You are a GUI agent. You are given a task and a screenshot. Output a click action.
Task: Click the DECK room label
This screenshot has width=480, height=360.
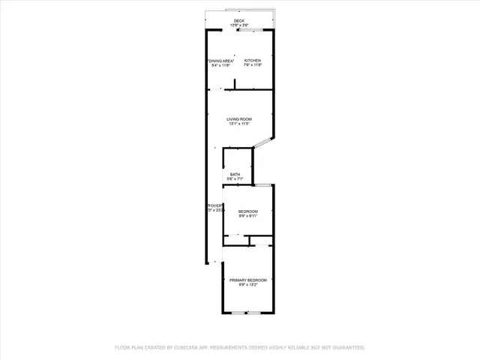coord(239,20)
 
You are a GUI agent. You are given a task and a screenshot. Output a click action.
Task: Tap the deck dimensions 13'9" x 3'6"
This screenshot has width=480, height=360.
coord(239,25)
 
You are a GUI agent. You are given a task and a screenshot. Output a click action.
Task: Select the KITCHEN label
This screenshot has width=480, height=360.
coord(252,61)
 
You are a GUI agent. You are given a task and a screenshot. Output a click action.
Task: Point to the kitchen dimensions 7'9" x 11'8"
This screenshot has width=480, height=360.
coord(252,65)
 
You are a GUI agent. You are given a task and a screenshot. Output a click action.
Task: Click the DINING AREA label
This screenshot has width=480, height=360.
coord(221,61)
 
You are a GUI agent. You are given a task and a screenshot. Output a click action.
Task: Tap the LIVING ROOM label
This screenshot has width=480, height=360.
coord(239,119)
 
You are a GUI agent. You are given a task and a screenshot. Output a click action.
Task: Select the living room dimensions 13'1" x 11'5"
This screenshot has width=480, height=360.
coord(239,124)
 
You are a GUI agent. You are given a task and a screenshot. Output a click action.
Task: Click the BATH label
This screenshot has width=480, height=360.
coord(235,174)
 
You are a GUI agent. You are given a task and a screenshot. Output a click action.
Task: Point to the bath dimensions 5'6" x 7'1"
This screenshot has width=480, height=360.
coord(235,179)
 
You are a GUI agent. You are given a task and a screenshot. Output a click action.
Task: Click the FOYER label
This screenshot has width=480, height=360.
coord(214,205)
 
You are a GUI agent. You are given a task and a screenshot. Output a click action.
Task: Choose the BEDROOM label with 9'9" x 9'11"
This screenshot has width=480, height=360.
coord(247,211)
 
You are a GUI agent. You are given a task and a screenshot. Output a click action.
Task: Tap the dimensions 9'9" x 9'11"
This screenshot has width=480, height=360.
coord(247,216)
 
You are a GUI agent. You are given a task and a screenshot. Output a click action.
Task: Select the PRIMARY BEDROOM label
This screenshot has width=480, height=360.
coord(247,280)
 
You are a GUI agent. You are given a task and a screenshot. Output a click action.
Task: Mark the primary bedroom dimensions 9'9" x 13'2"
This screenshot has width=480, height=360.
coord(247,285)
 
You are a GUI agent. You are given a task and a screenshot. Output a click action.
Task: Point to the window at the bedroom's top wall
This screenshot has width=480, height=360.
coord(263,184)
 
